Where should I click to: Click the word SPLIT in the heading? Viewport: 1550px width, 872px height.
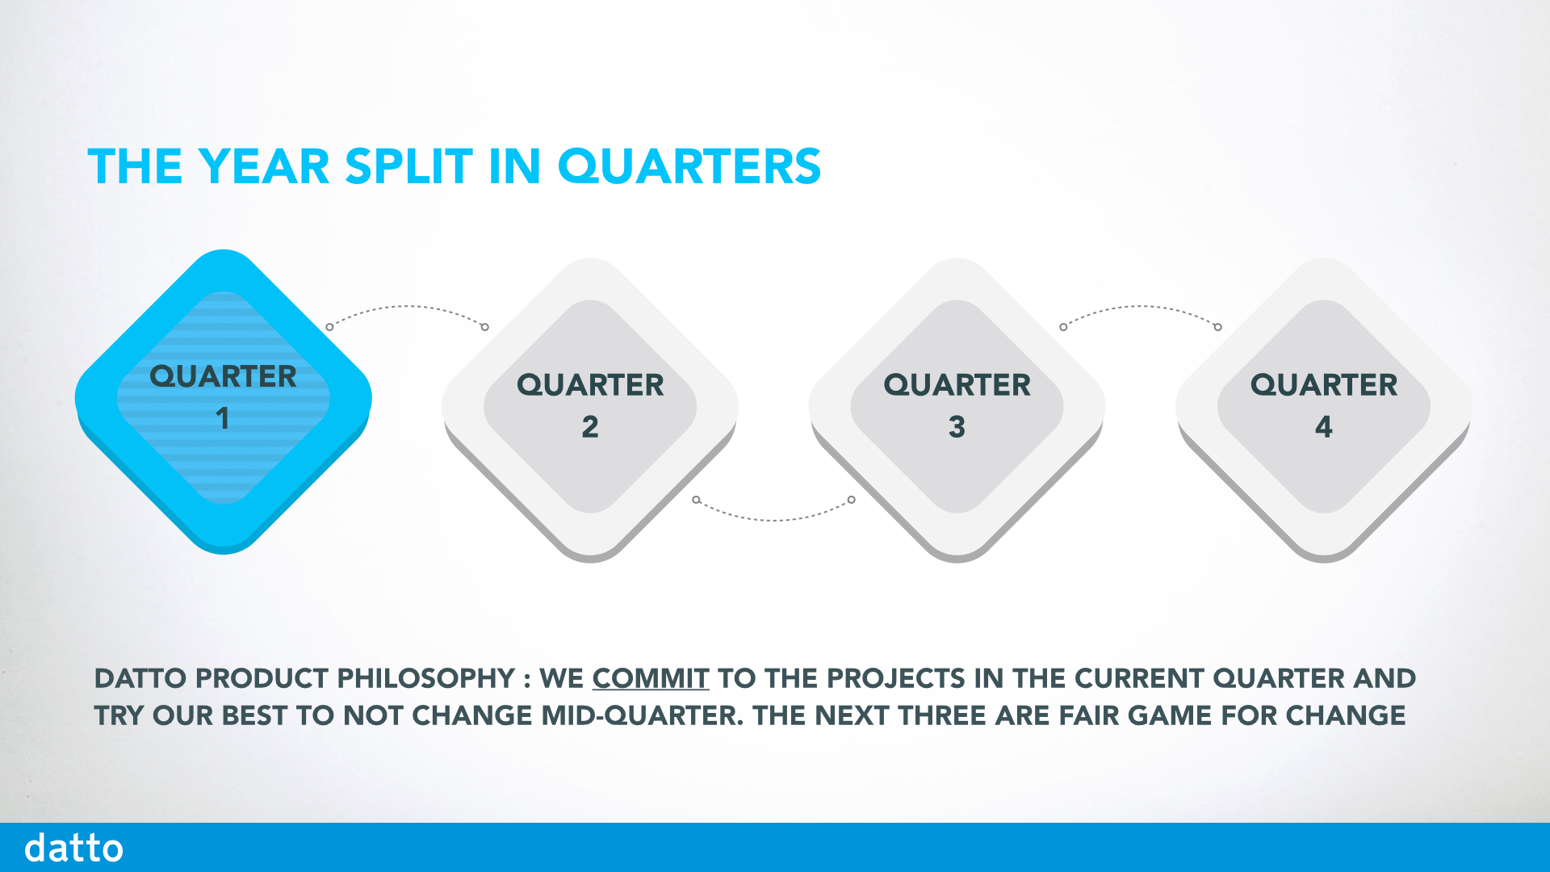[408, 166]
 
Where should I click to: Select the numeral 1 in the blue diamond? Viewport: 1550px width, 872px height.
[223, 418]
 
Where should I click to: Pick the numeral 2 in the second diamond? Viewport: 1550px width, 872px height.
[590, 426]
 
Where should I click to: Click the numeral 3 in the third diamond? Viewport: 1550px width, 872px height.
[957, 426]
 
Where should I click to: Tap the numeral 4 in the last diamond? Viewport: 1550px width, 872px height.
[1323, 426]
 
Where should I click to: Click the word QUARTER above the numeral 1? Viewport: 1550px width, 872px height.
[223, 376]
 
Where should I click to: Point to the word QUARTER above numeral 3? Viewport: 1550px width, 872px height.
[957, 384]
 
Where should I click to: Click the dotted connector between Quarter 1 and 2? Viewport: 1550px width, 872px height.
[407, 308]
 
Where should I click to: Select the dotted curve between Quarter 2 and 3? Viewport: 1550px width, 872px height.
[773, 518]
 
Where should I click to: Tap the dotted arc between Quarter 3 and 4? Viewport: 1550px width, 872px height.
[1140, 308]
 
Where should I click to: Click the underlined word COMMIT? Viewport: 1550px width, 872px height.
[651, 678]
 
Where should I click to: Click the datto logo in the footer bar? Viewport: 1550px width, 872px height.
[73, 848]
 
